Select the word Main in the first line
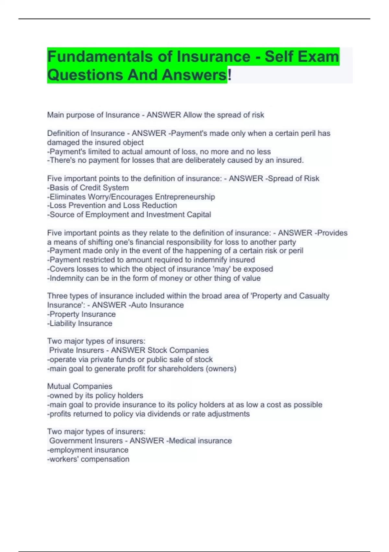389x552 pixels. point(55,115)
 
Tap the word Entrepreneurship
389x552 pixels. point(185,197)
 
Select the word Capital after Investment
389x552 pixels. point(199,215)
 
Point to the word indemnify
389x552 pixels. point(210,260)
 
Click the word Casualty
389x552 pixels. point(314,296)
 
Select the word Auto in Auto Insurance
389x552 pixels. point(139,305)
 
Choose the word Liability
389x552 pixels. point(63,323)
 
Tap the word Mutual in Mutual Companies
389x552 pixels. point(59,386)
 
